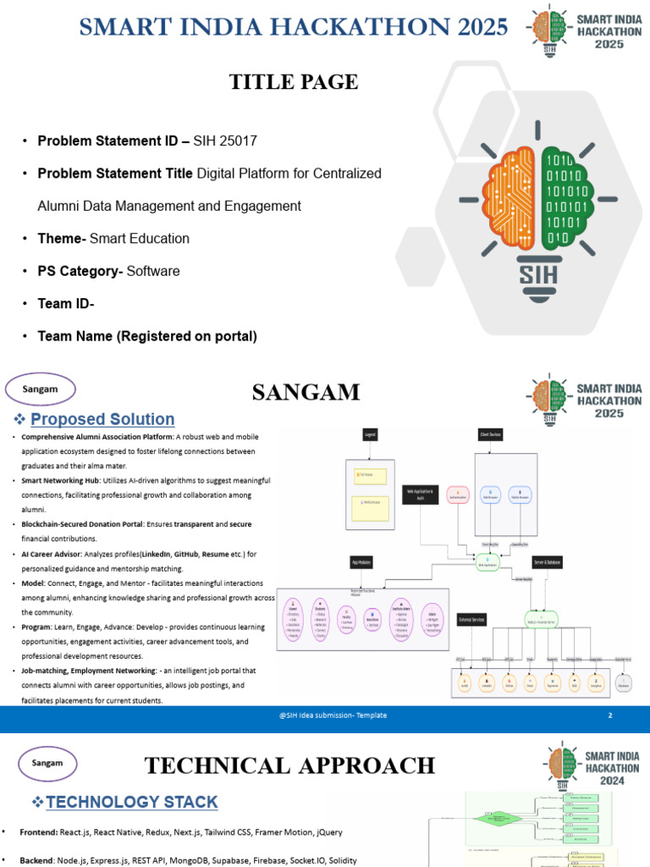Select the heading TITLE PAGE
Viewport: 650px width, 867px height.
(294, 82)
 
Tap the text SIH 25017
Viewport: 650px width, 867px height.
(225, 141)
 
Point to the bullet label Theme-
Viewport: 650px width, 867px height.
(62, 239)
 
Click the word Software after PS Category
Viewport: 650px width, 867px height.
(153, 271)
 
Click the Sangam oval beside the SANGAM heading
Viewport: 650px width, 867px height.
(41, 389)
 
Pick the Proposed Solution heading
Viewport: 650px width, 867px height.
(102, 419)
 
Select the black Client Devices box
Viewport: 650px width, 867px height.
(490, 433)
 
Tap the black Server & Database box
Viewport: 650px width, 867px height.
(547, 562)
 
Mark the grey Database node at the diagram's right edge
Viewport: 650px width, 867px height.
(624, 682)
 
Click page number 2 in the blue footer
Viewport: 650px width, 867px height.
(609, 715)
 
